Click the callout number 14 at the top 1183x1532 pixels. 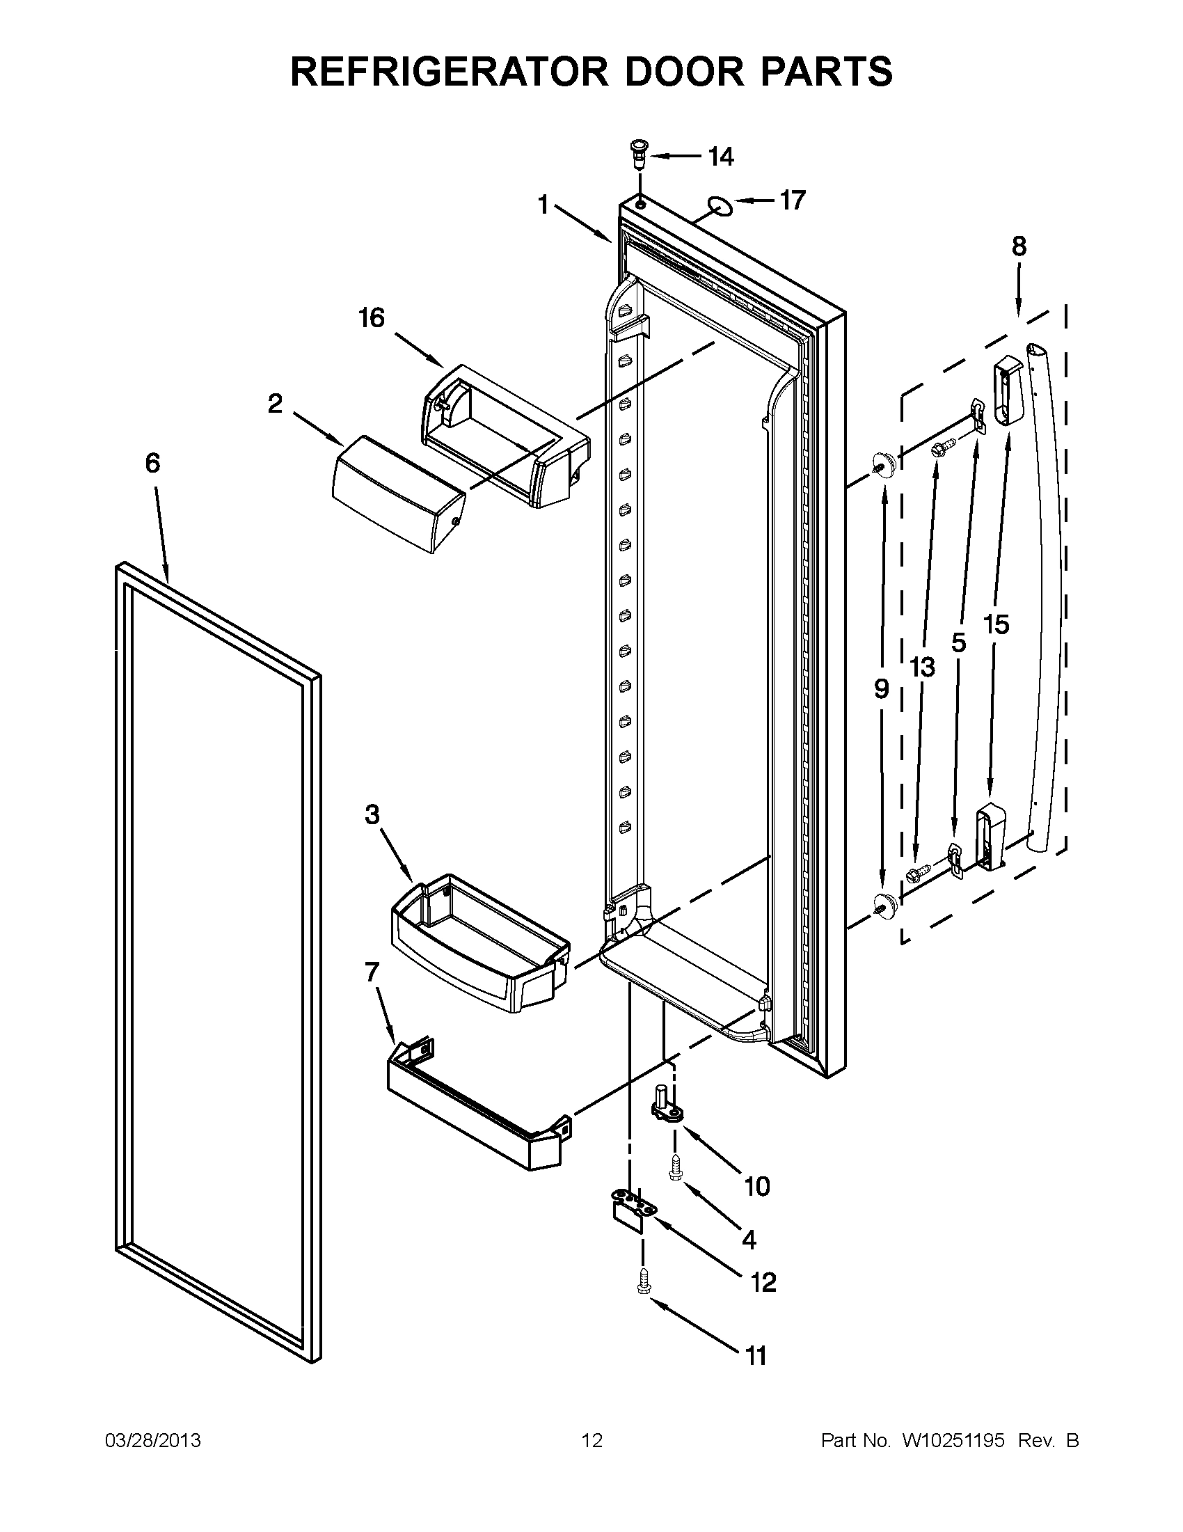pyautogui.click(x=720, y=157)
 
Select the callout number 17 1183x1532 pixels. pyautogui.click(x=793, y=201)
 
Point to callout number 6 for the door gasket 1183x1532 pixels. pyautogui.click(x=152, y=463)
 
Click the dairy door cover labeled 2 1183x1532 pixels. pyautogui.click(x=397, y=493)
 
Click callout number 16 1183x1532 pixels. pyautogui.click(x=372, y=319)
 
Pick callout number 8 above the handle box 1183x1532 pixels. pyautogui.click(x=1019, y=246)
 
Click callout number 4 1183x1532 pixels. pyautogui.click(x=749, y=1240)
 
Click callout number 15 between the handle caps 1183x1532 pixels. pyautogui.click(x=995, y=624)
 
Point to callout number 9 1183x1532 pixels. pyautogui.click(x=882, y=689)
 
